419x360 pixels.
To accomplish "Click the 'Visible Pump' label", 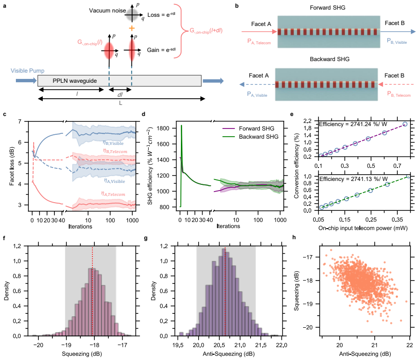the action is point(27,71).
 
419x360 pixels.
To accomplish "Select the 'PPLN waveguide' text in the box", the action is point(75,81).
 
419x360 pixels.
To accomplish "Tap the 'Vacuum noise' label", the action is point(107,11).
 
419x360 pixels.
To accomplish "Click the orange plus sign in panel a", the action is point(131,28).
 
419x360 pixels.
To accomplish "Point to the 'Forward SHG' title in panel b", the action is point(327,8).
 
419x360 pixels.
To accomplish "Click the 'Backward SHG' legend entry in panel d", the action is point(258,137).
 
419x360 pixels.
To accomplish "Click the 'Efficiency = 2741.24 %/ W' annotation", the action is point(353,124).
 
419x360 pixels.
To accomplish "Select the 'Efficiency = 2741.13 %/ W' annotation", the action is point(353,179).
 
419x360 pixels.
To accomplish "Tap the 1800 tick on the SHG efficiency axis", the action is point(163,129).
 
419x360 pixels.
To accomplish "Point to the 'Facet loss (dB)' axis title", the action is point(12,166).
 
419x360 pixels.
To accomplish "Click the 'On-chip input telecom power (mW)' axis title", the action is point(363,228).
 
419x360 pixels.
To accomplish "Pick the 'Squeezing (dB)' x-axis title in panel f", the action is point(82,354).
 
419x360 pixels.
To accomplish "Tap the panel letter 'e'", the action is point(292,115).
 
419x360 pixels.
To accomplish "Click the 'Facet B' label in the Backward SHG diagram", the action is point(394,76).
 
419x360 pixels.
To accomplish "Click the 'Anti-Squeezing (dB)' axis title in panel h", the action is point(365,354).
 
